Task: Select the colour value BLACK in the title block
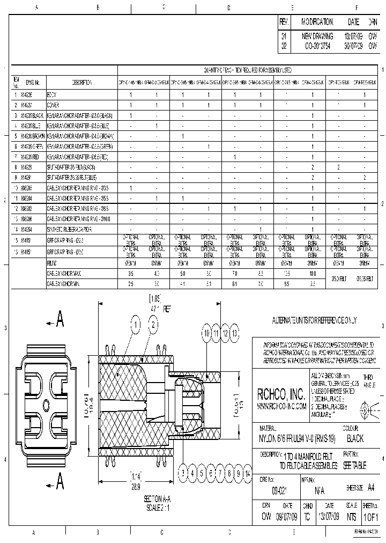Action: [x=355, y=438]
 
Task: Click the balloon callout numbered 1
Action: [x=137, y=324]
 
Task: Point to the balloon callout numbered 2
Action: [x=153, y=324]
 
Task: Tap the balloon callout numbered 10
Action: [x=206, y=333]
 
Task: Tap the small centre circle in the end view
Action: [x=46, y=402]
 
